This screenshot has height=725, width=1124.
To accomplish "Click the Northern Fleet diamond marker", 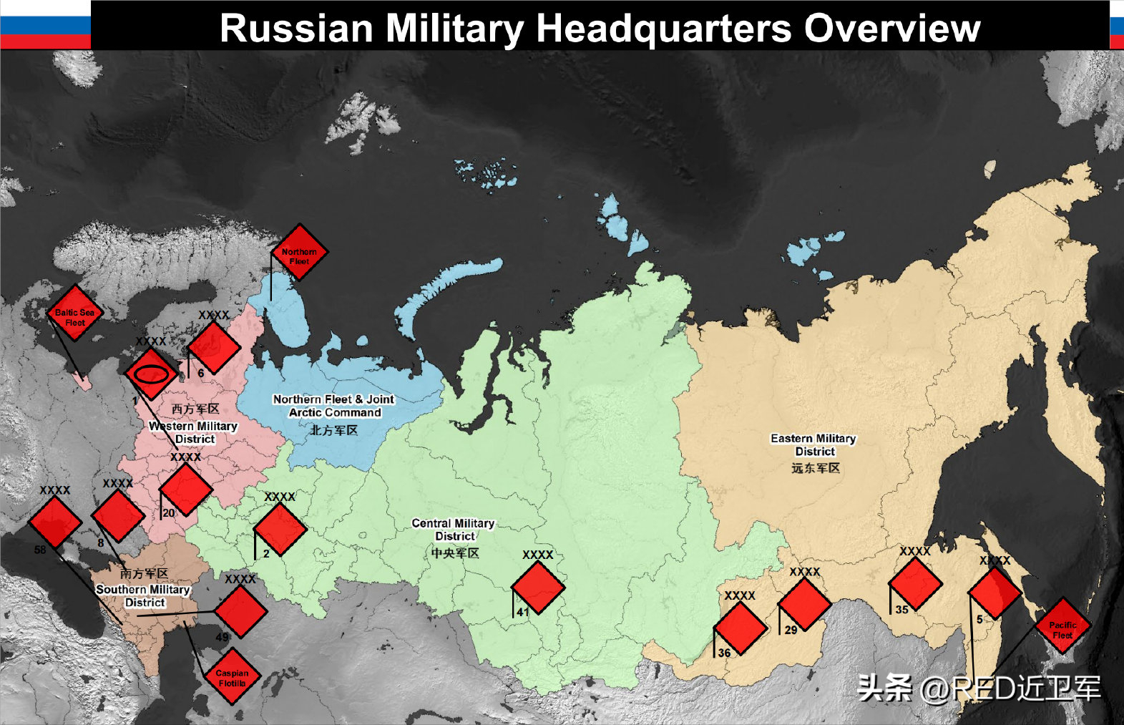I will [299, 252].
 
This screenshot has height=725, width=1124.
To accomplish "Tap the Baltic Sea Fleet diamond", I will [75, 313].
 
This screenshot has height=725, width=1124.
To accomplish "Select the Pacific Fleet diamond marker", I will [1062, 626].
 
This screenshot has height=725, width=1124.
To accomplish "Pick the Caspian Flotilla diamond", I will [232, 676].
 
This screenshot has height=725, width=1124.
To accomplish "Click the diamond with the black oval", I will [152, 374].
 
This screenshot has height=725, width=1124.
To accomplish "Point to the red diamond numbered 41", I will [538, 587].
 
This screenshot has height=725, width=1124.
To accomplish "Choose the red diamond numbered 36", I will [741, 628].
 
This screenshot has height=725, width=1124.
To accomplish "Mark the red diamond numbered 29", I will [805, 605].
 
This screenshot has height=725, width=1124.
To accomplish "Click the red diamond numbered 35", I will [915, 584].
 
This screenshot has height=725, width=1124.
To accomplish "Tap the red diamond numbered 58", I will [55, 522].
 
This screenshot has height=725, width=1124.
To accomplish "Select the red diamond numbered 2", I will [280, 530].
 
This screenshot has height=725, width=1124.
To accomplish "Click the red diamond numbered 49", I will [240, 612].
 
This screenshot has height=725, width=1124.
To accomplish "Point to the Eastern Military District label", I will [813, 444].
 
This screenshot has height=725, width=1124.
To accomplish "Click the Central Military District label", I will [454, 530].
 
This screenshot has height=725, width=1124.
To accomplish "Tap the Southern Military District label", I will [144, 595].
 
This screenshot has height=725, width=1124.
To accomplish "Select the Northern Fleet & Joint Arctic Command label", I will [334, 406].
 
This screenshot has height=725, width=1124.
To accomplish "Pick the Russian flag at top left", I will [46, 24].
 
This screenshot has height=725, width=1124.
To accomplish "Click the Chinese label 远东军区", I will [815, 468].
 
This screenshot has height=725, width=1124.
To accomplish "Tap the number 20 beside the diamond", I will [169, 513].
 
